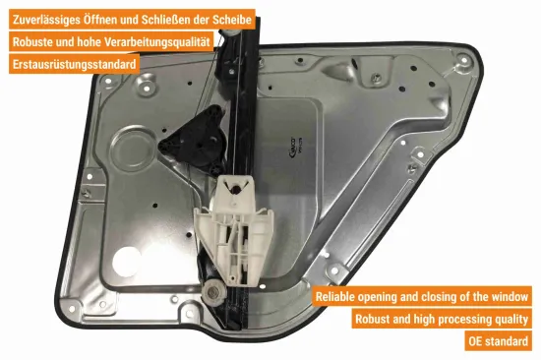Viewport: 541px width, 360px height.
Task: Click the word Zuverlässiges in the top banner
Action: coord(46,20)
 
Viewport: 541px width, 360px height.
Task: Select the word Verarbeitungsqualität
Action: coord(157,42)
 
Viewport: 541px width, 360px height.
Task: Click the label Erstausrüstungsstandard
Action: coord(74,64)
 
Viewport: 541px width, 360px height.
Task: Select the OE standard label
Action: coord(499,341)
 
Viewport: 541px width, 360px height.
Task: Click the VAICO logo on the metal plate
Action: coord(291,148)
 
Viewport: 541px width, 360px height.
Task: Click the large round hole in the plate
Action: coord(126,262)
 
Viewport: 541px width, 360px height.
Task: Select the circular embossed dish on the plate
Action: coord(133,150)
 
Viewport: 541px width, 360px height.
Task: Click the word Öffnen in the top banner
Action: coord(100,20)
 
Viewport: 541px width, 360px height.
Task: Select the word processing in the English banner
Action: coord(462,320)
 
